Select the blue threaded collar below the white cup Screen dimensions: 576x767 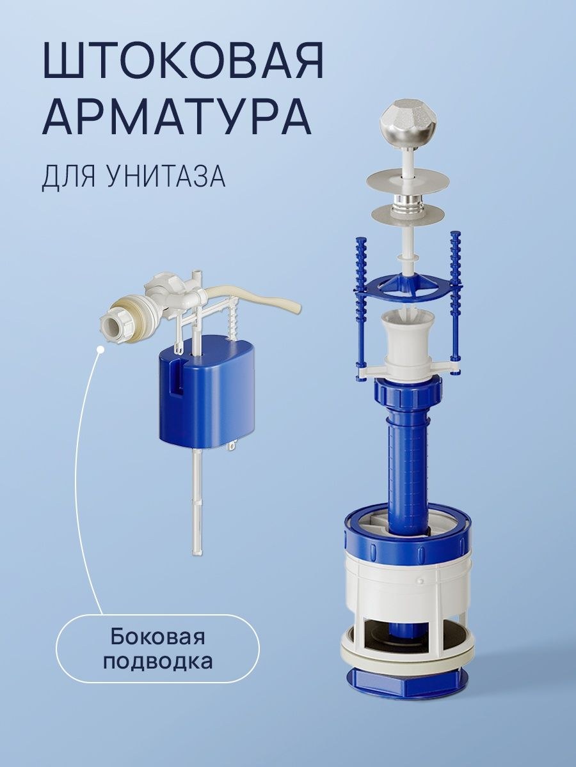pos(409,396)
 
